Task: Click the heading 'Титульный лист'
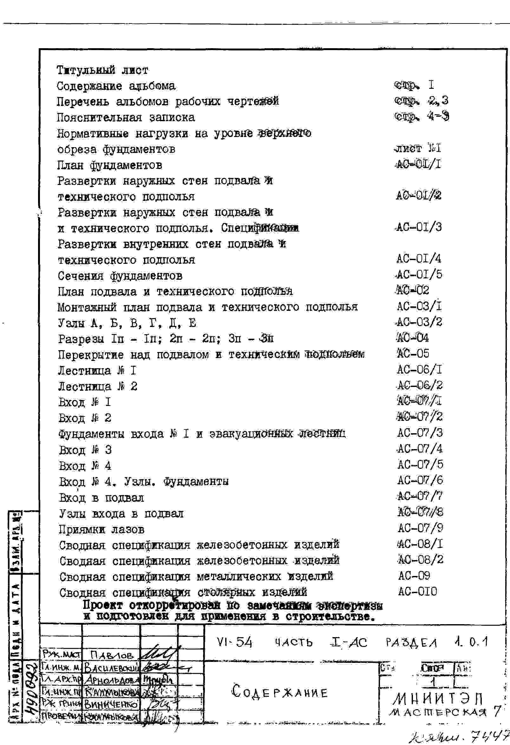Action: pyautogui.click(x=102, y=70)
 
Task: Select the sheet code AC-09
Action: pyautogui.click(x=414, y=575)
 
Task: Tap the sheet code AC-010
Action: pyautogui.click(x=417, y=591)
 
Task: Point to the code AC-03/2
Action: pyautogui.click(x=419, y=322)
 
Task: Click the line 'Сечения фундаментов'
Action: pyautogui.click(x=120, y=276)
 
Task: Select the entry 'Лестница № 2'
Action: pyautogui.click(x=97, y=386)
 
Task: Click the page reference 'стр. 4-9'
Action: pyautogui.click(x=421, y=116)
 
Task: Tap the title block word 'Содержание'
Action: pyautogui.click(x=279, y=692)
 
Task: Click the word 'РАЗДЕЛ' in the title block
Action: pyautogui.click(x=411, y=643)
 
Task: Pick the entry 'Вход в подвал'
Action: pyautogui.click(x=101, y=498)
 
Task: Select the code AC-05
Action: pyautogui.click(x=413, y=354)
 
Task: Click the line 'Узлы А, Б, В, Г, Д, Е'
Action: pyautogui.click(x=127, y=323)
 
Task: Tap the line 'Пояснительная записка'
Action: pyautogui.click(x=126, y=117)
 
